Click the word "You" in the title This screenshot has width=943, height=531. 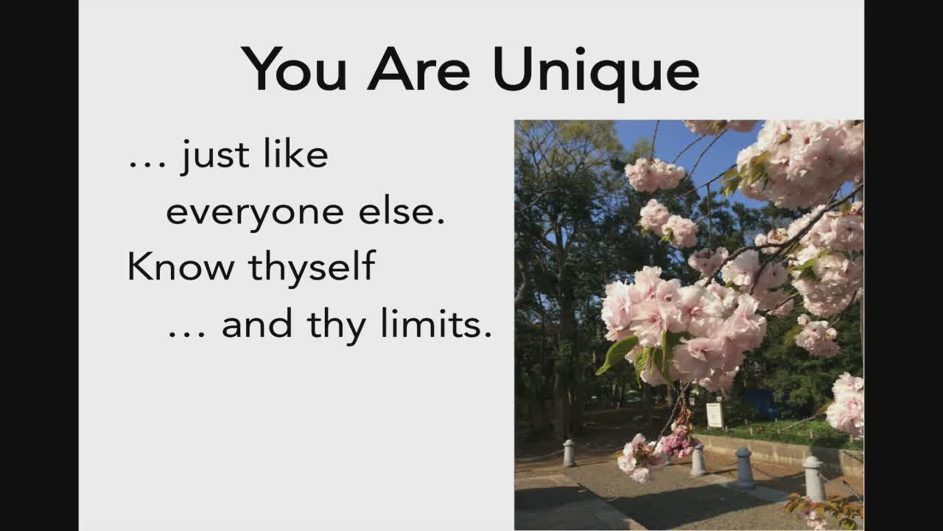pyautogui.click(x=294, y=69)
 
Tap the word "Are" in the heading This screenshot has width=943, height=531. pyautogui.click(x=418, y=69)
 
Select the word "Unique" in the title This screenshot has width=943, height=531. pyautogui.click(x=596, y=72)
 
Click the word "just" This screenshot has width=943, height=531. pyautogui.click(x=214, y=156)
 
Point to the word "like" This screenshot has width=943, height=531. pyautogui.click(x=295, y=153)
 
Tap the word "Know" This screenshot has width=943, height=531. pyautogui.click(x=180, y=266)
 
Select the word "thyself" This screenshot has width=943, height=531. pyautogui.click(x=312, y=268)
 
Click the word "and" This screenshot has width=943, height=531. pyautogui.click(x=257, y=323)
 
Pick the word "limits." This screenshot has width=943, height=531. pyautogui.click(x=435, y=323)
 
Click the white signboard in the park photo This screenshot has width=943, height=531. pyautogui.click(x=715, y=414)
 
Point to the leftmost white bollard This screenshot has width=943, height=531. pyautogui.click(x=569, y=453)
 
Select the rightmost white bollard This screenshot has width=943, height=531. pyautogui.click(x=815, y=479)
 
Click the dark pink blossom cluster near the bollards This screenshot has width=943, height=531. pyautogui.click(x=678, y=442)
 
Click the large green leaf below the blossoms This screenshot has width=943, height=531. pyautogui.click(x=617, y=354)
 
